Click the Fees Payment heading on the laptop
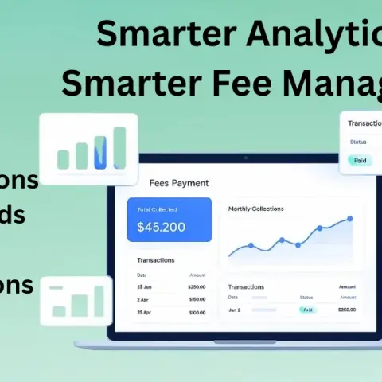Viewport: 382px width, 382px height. pos(178,183)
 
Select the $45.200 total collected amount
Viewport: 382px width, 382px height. pos(161,227)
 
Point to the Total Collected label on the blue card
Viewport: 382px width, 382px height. pos(157,209)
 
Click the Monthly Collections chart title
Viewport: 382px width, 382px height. pos(255,209)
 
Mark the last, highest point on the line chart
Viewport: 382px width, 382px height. pos(349,218)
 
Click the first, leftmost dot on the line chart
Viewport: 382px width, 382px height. pos(251,245)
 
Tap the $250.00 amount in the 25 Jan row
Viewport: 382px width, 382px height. pos(197,286)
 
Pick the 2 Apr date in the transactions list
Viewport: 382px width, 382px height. pos(144,299)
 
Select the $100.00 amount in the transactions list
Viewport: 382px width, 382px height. pos(197,313)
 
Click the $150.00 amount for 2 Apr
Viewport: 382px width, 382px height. pos(197,299)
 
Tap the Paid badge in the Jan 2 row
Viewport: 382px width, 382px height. pos(306,310)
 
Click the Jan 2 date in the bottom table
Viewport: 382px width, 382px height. pos(235,310)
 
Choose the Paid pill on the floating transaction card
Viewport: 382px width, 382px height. pos(360,160)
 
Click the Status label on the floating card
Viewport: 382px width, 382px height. pos(357,142)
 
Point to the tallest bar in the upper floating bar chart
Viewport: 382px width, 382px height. pos(120,148)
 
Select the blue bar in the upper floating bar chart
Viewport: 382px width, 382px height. pos(101,153)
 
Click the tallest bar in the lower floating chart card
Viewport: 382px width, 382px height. pos(99,302)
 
